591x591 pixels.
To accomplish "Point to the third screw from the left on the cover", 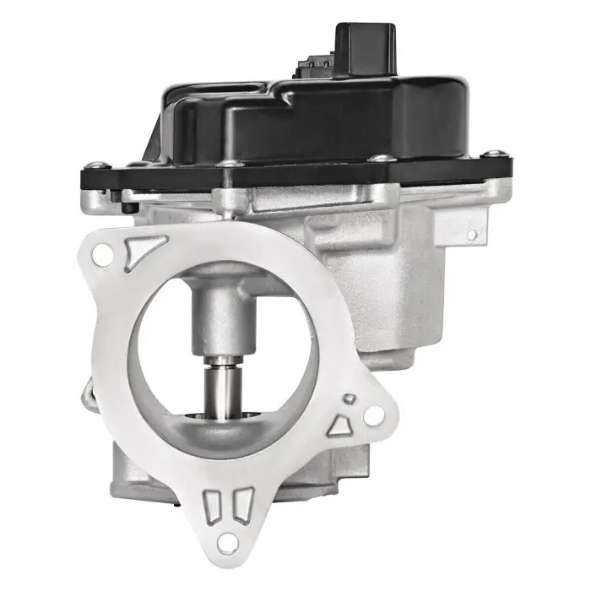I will tap(381, 158).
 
